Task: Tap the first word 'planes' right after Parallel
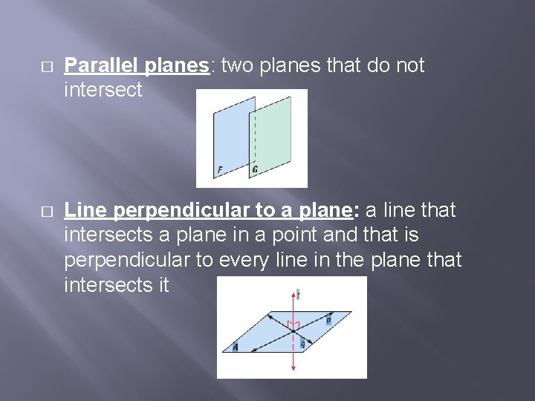point(177,66)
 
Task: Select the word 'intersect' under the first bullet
point(103,90)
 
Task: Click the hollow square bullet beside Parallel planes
point(47,67)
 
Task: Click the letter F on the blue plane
point(220,171)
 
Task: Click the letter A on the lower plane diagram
point(236,347)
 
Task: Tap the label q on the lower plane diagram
point(303,345)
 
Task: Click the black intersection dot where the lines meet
point(294,331)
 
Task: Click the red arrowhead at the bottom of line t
point(294,368)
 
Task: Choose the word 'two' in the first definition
point(237,66)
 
